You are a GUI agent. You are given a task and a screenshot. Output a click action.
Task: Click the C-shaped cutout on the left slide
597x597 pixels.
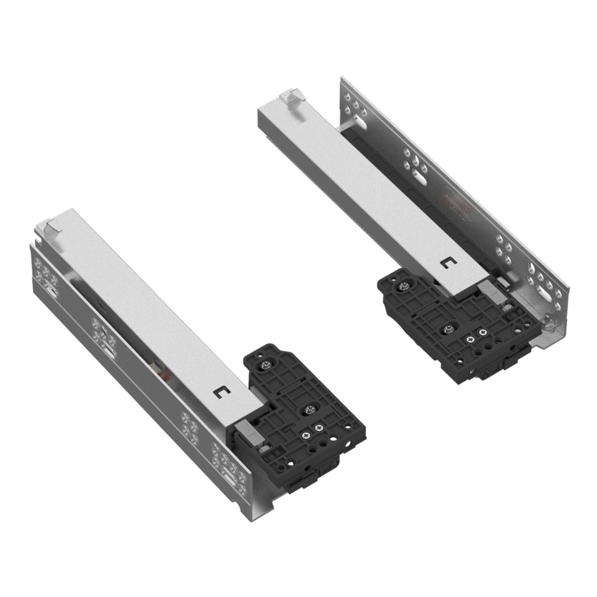click(x=220, y=391)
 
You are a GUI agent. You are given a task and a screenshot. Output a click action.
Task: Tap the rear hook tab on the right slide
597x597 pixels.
click(x=292, y=95)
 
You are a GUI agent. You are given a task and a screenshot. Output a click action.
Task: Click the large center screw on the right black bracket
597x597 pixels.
click(x=448, y=330)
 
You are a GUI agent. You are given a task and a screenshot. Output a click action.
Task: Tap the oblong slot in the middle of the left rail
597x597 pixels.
click(x=109, y=352)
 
